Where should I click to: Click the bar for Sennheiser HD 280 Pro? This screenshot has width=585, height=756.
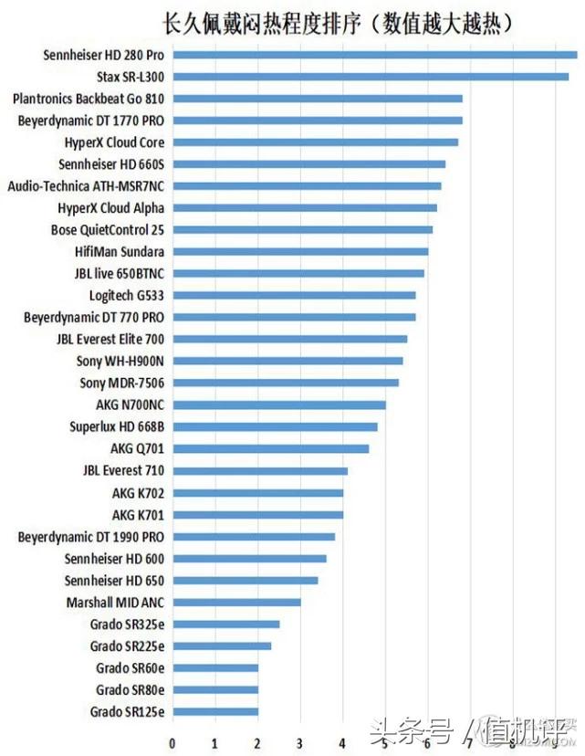click(x=374, y=55)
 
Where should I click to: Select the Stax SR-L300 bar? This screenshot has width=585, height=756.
click(x=370, y=77)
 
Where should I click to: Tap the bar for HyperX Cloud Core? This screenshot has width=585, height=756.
click(x=315, y=142)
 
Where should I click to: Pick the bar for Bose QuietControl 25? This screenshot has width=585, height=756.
click(x=302, y=230)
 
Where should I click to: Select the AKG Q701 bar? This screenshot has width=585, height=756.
click(x=270, y=449)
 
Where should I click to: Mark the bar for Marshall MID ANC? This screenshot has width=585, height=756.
click(x=236, y=603)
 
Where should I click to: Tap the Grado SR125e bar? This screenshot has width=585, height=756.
click(x=215, y=712)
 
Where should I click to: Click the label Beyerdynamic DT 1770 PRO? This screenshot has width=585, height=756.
click(x=91, y=121)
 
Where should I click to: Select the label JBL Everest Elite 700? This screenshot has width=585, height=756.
click(x=110, y=340)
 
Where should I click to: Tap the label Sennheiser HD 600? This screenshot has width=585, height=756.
click(x=115, y=559)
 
